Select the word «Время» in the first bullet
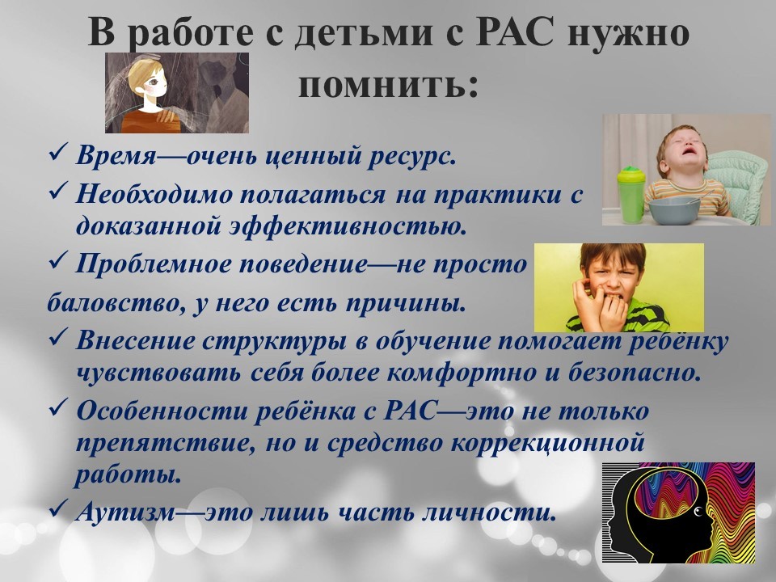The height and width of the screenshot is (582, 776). tap(116, 156)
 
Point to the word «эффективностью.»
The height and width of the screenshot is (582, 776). tap(348, 226)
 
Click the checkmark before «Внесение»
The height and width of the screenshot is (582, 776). tap(58, 338)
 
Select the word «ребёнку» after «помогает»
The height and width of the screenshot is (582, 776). tap(678, 342)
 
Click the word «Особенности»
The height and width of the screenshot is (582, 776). tap(162, 411)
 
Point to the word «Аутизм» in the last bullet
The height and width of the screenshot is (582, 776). tap(126, 512)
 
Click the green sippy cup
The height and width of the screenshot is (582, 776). tap(631, 195)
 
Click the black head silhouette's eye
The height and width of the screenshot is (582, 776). tap(698, 511)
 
